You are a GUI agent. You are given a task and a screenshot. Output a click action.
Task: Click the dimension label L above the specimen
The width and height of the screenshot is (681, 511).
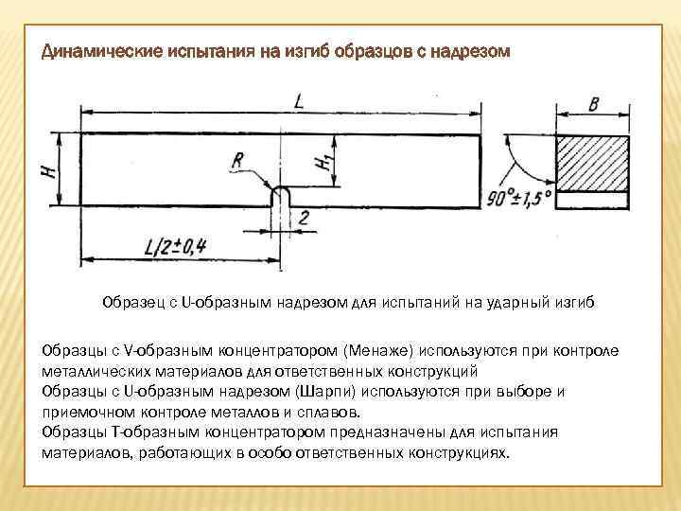tap(300, 99)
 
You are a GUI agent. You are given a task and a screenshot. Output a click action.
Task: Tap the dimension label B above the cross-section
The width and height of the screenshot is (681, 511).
tap(593, 104)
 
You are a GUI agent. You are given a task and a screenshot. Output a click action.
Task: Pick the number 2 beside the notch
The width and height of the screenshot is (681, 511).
tap(305, 219)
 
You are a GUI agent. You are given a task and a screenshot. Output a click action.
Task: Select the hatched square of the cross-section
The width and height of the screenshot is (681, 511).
tap(593, 163)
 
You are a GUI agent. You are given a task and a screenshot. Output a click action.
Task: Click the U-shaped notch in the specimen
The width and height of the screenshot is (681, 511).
tap(281, 197)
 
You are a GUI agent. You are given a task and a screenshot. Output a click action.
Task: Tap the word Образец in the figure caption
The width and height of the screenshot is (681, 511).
tap(134, 303)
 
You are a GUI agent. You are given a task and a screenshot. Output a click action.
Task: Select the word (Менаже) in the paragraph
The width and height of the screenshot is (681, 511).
tap(378, 350)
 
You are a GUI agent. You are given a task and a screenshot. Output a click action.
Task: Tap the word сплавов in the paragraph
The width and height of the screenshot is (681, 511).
tap(329, 412)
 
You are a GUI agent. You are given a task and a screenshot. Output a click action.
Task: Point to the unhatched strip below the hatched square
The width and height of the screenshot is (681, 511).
tap(593, 201)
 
